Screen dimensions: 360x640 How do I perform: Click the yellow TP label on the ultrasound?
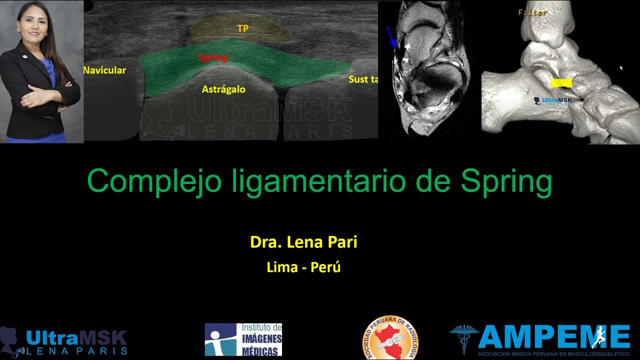click(242, 29)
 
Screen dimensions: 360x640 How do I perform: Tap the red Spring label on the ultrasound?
click(213, 57)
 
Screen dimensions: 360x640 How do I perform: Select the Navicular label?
click(104, 70)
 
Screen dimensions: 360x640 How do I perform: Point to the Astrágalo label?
click(223, 89)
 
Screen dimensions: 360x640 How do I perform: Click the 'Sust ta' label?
click(362, 79)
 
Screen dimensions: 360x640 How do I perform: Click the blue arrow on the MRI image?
click(390, 37)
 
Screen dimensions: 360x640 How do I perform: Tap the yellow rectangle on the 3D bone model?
click(560, 83)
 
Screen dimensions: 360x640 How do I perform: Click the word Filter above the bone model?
click(532, 12)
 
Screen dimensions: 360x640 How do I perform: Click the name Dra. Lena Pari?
click(303, 242)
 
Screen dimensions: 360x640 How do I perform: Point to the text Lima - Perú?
click(303, 267)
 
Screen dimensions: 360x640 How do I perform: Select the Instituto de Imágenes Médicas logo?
click(243, 339)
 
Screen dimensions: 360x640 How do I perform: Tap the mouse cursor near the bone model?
click(621, 67)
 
